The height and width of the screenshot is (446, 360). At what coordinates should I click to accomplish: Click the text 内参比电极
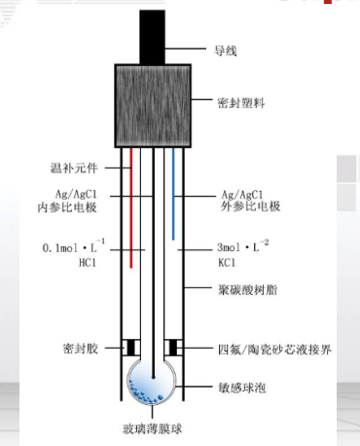71,206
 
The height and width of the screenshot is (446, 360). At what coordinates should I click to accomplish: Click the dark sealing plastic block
154,104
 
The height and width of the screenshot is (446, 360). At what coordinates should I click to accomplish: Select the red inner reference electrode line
130,204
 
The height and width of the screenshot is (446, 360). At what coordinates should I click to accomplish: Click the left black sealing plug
129,348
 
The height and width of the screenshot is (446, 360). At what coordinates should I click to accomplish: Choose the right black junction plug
178,348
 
